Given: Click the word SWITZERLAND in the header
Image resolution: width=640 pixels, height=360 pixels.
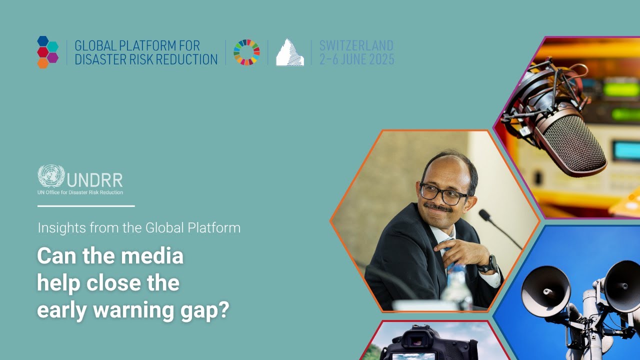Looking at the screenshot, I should pyautogui.click(x=356, y=45).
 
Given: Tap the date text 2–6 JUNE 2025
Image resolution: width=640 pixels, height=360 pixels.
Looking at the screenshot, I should pyautogui.click(x=356, y=59).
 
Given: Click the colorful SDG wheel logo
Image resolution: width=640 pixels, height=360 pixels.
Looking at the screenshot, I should pyautogui.click(x=246, y=52).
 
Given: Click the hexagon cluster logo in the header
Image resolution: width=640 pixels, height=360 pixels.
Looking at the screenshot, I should pyautogui.click(x=48, y=52).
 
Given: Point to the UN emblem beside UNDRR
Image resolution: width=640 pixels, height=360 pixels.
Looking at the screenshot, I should pyautogui.click(x=51, y=176).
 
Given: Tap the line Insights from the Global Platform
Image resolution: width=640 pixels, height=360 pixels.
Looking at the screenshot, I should pyautogui.click(x=139, y=228).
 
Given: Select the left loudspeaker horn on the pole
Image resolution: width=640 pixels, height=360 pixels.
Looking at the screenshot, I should pyautogui.click(x=545, y=290).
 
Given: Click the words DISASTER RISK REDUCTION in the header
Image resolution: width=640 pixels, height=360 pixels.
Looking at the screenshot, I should pyautogui.click(x=146, y=59).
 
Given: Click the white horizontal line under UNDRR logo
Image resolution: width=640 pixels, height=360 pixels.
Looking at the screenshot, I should pyautogui.click(x=86, y=205).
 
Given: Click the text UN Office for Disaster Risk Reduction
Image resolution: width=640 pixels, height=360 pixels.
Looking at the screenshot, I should pyautogui.click(x=80, y=192).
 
